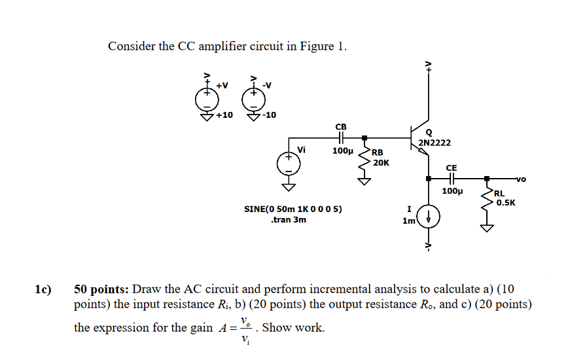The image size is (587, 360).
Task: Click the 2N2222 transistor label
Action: click(435, 143)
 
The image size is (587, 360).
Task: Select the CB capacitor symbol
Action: click(341, 138)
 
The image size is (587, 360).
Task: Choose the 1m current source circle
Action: click(428, 215)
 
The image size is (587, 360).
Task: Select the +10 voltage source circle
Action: click(204, 98)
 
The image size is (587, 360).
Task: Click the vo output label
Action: click(521, 179)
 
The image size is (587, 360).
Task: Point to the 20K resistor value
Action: click(381, 162)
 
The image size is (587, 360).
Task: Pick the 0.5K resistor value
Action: click(505, 203)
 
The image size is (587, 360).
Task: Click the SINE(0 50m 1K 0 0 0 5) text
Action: click(292, 209)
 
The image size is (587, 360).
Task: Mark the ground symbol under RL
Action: click(486, 226)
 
